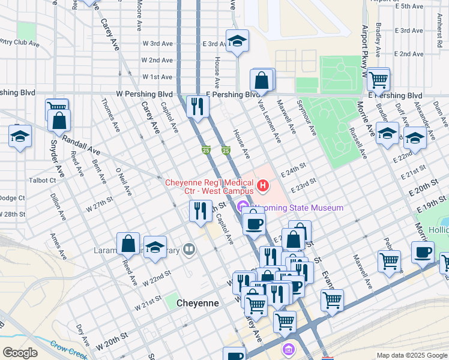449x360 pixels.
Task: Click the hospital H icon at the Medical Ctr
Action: click(262, 187)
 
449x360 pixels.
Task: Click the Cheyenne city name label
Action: click(197, 304)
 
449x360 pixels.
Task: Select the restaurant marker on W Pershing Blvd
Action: click(197, 107)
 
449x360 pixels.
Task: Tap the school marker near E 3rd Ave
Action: click(238, 41)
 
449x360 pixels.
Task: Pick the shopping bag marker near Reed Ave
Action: click(128, 244)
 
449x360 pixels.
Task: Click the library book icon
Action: click(190, 248)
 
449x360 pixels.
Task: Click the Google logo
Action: click(20, 353)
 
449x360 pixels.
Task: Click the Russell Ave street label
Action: click(359, 142)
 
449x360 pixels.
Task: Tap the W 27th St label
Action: click(99, 206)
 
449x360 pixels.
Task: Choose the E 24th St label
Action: click(295, 172)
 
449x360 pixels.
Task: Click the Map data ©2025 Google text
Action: click(411, 355)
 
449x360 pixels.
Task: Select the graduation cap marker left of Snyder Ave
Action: click(20, 137)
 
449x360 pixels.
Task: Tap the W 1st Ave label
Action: click(157, 77)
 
